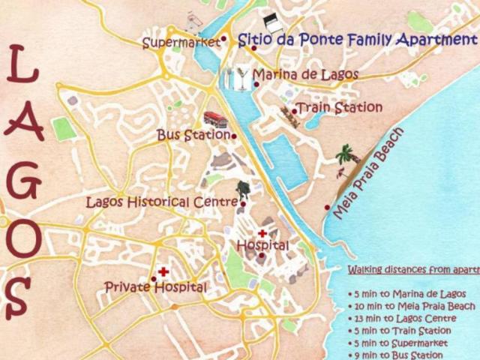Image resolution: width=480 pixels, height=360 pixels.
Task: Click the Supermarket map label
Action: point(181,43)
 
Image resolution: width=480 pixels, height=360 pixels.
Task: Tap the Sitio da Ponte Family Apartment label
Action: point(357,40)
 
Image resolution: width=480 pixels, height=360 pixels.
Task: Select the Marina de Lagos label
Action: point(305,75)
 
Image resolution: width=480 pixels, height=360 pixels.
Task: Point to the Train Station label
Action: point(340,108)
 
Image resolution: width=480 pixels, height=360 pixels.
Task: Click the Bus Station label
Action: point(193,135)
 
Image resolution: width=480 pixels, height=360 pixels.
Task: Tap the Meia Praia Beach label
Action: point(368,173)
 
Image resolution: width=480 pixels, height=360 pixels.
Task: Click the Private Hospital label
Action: point(155,286)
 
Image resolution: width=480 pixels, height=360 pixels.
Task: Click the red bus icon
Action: point(215,118)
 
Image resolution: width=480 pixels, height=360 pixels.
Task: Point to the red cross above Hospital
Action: point(262,234)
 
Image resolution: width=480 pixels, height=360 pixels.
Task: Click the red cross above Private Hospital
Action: point(163,272)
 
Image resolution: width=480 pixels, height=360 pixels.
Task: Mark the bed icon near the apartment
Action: point(270,22)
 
